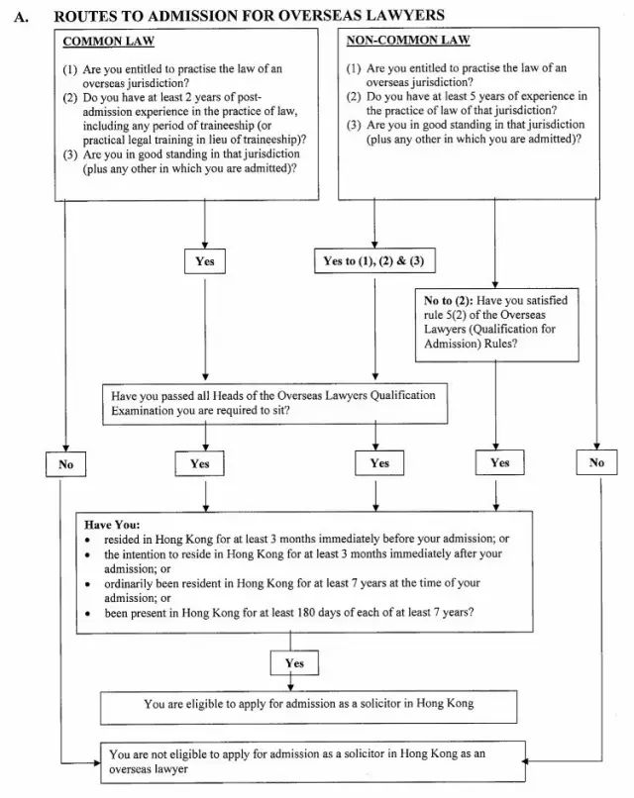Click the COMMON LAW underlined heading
(108, 42)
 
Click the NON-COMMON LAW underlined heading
(408, 41)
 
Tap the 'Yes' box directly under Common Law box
(205, 261)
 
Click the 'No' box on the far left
(65, 464)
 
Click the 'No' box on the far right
(596, 462)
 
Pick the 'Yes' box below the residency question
(294, 663)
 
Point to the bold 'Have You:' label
(112, 525)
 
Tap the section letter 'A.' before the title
(21, 17)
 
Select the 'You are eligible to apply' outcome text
(309, 704)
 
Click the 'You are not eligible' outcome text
(297, 761)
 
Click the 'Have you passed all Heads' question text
(273, 403)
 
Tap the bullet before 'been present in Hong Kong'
(88, 614)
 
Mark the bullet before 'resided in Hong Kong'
(88, 540)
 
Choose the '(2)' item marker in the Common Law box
(70, 98)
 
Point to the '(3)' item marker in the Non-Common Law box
(354, 125)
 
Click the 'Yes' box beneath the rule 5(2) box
(499, 462)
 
